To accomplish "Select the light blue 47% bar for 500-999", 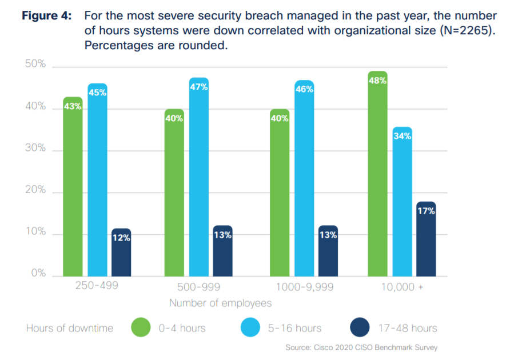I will (199, 177).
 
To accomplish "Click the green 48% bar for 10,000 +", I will (377, 174).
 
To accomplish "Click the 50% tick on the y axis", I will (35, 64).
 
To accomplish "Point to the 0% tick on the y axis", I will (38, 274).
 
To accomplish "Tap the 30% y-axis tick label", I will (35, 148).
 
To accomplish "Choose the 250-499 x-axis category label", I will (97, 285).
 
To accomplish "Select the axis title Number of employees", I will (220, 303).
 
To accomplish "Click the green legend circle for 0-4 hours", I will (141, 328).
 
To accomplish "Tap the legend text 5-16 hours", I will (294, 328).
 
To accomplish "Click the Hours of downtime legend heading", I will (70, 328).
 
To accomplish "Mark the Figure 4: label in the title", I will (47, 16).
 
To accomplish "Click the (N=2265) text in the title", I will (466, 31).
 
